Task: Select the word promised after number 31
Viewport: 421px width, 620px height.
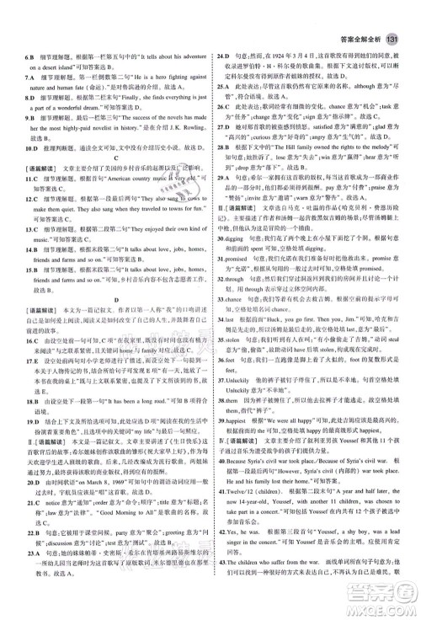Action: (x=241, y=284)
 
